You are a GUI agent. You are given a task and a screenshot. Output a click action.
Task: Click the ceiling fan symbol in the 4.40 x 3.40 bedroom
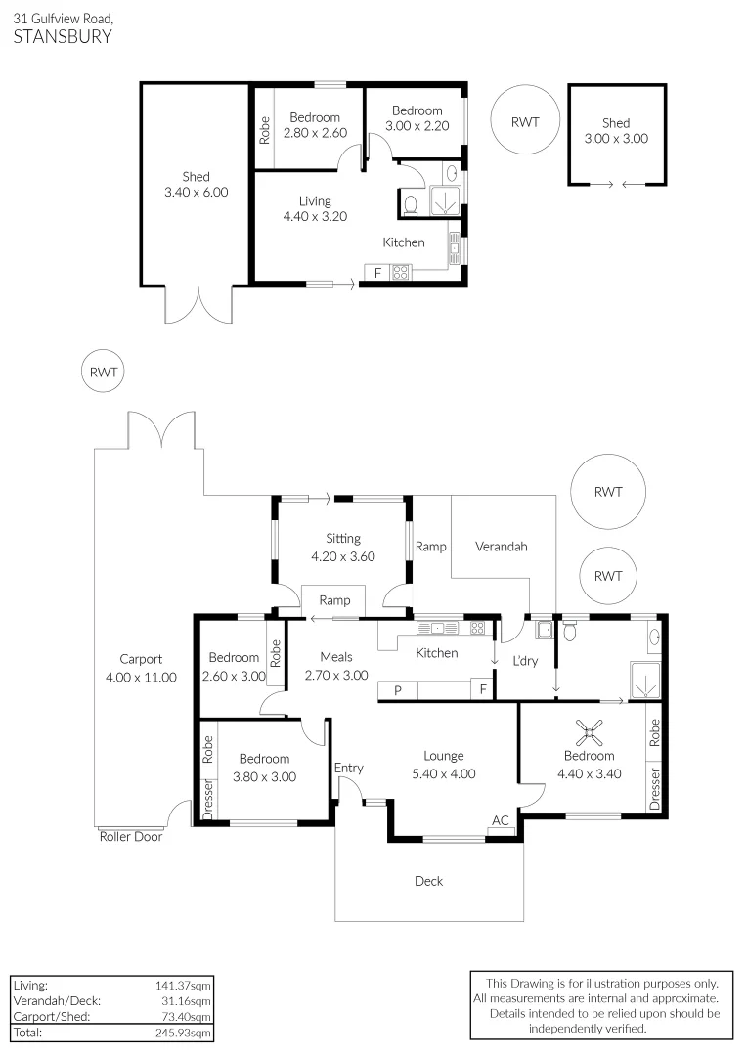[588, 731]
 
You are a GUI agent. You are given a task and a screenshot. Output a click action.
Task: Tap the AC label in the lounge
[501, 820]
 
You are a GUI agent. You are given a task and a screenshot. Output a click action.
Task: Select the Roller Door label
[131, 837]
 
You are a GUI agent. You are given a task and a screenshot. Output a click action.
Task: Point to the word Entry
[349, 768]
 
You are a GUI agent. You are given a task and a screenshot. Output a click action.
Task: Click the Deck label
[428, 881]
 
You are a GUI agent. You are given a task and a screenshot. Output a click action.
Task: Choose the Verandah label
[502, 547]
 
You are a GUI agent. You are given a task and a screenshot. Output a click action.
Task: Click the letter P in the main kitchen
[397, 691]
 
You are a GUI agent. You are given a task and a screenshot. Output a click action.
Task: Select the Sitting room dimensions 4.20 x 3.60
[343, 556]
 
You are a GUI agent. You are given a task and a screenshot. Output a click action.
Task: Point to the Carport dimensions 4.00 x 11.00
[141, 677]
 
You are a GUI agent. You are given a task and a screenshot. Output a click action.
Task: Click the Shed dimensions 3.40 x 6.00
[196, 193]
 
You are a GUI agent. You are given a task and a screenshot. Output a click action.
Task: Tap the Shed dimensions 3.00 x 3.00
[616, 139]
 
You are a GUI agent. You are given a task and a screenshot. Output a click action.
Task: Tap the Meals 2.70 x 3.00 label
[330, 666]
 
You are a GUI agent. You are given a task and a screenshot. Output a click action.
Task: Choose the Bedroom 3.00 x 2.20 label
[417, 118]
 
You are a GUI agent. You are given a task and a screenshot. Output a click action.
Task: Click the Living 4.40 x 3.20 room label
[315, 209]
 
